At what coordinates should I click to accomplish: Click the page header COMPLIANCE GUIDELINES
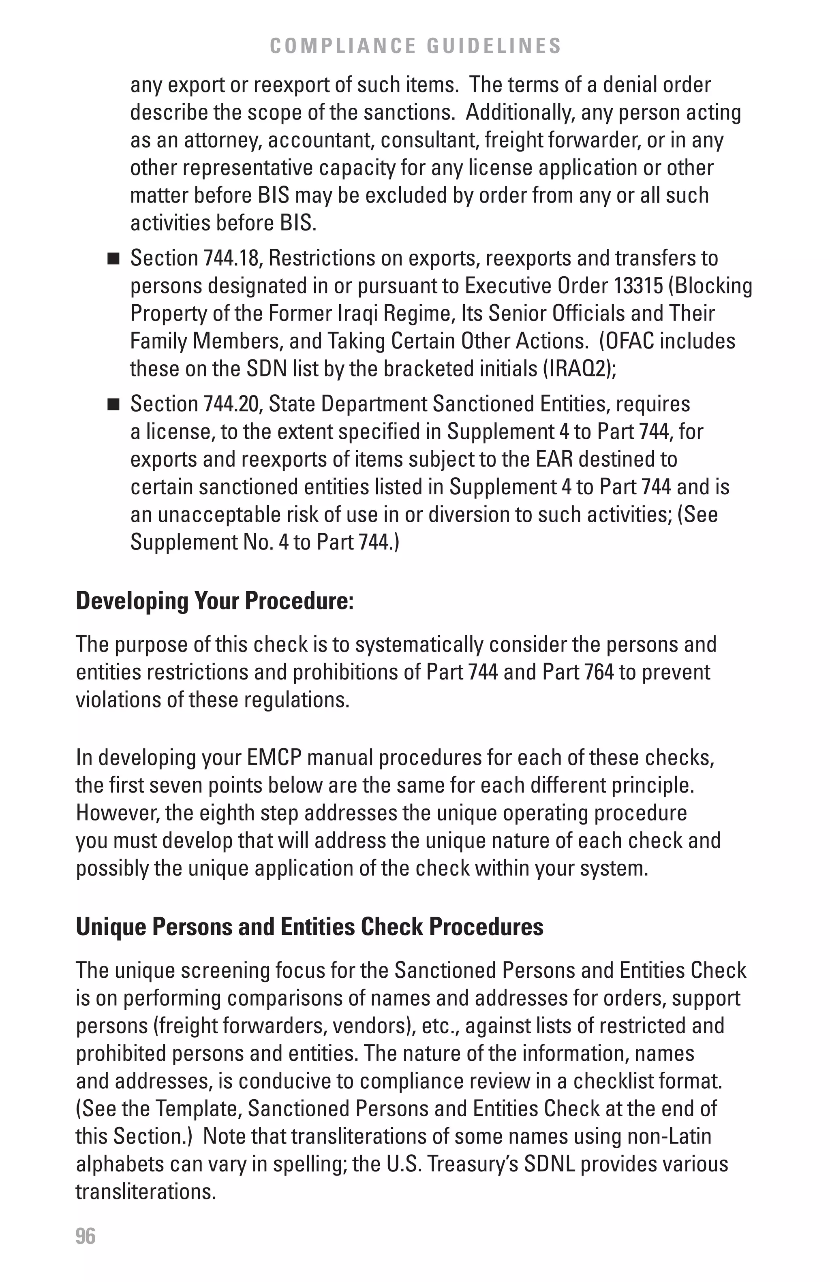415,46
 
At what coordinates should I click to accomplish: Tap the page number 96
86,1236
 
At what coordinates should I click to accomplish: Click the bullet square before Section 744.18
113,259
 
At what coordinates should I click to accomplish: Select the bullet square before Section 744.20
113,404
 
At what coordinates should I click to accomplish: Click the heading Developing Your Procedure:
215,600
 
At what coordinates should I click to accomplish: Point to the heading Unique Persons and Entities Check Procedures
309,927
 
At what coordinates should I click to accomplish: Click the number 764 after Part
599,672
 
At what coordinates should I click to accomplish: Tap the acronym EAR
554,459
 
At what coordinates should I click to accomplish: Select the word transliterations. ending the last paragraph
145,1192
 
